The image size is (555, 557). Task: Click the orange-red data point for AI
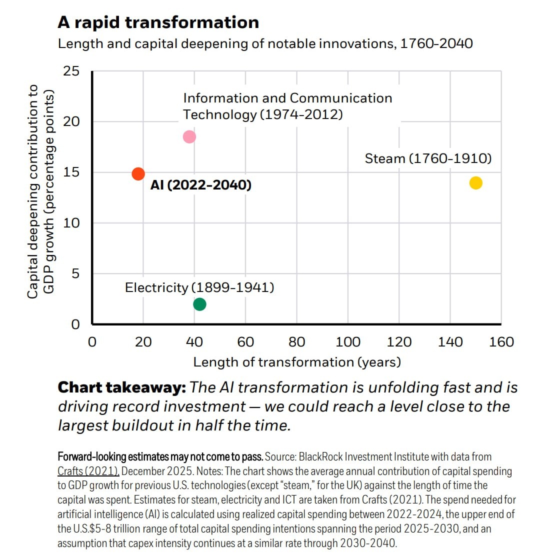(138, 173)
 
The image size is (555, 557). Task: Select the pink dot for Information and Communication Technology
(189, 136)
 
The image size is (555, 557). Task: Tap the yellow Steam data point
(475, 183)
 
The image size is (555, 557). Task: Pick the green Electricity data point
(199, 304)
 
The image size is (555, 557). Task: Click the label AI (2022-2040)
(201, 185)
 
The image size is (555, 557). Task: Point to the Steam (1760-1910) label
(428, 158)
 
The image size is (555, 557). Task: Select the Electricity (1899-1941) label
(199, 287)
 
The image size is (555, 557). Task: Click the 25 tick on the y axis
(71, 71)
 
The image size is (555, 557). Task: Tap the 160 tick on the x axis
(501, 342)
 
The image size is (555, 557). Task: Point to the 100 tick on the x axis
(348, 342)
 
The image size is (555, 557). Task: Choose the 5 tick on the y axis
(75, 273)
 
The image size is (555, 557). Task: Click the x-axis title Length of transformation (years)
(297, 362)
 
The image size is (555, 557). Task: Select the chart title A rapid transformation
(158, 22)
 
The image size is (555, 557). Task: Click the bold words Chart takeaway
(121, 387)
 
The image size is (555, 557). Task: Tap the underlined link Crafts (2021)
(88, 471)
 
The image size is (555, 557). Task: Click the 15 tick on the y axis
(71, 172)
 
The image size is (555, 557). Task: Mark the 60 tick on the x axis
(245, 342)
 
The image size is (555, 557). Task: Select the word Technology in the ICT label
(219, 114)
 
